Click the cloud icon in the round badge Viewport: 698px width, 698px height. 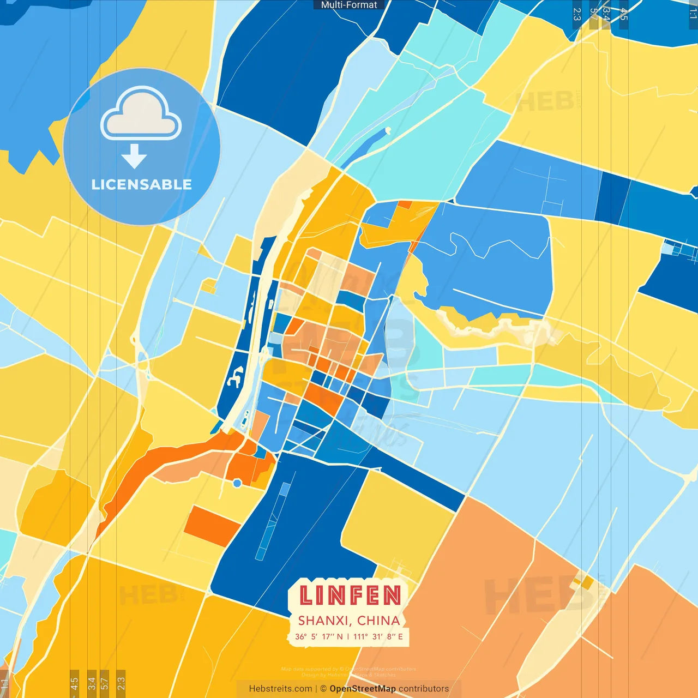[x=141, y=113]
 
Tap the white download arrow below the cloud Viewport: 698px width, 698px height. [x=134, y=157]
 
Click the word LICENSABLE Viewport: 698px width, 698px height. [x=142, y=184]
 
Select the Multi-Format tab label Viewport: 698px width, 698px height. [x=349, y=5]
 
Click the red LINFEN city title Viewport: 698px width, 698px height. [x=350, y=595]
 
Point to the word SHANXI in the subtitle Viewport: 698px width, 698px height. [x=324, y=621]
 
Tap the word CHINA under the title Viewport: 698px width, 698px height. [x=378, y=621]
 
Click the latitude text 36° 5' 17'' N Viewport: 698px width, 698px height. [x=319, y=636]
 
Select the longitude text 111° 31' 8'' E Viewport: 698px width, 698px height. [x=378, y=636]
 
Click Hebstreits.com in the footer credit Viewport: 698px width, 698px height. [x=280, y=689]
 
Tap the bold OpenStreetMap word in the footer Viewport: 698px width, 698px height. [x=363, y=689]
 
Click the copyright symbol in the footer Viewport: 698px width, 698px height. [x=323, y=689]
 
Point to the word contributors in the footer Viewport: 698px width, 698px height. [x=424, y=689]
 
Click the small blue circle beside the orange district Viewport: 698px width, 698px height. [x=237, y=483]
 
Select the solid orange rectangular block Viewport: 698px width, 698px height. [x=212, y=526]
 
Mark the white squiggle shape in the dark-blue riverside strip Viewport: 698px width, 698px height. [x=236, y=377]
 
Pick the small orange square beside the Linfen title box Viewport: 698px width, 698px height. [x=587, y=583]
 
